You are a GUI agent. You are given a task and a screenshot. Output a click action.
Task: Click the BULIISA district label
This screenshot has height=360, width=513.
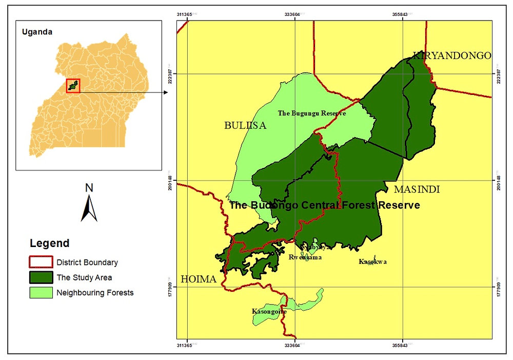pyautogui.click(x=245, y=125)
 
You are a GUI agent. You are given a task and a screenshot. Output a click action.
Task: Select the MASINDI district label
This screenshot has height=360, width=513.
pyautogui.click(x=417, y=190)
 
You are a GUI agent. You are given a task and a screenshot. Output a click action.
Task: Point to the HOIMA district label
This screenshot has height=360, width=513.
pyautogui.click(x=198, y=280)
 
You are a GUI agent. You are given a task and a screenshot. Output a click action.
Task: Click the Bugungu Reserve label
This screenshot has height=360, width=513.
pyautogui.click(x=312, y=113)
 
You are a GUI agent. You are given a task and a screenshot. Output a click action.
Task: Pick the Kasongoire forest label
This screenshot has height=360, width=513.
pyautogui.click(x=269, y=311)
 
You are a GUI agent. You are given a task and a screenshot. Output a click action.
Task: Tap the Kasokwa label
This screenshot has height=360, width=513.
pyautogui.click(x=373, y=261)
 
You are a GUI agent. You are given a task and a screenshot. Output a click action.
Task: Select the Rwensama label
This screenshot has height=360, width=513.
pyautogui.click(x=305, y=257)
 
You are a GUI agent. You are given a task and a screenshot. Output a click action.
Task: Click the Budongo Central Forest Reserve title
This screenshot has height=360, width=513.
pyautogui.click(x=324, y=205)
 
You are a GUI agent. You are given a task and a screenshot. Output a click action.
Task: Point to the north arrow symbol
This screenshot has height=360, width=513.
pyautogui.click(x=89, y=209)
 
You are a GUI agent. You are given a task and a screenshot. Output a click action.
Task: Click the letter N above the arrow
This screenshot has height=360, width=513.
pyautogui.click(x=89, y=188)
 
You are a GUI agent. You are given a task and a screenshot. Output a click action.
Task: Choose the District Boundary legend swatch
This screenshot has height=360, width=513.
pyautogui.click(x=41, y=262)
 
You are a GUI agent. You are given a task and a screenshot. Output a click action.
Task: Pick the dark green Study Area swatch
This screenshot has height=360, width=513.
pyautogui.click(x=41, y=277)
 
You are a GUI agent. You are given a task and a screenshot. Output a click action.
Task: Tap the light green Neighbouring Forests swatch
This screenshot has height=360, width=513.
pyautogui.click(x=41, y=293)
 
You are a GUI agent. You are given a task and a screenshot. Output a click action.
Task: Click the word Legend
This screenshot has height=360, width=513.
pyautogui.click(x=49, y=243)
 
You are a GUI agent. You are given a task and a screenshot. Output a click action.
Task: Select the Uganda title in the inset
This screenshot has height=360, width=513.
pyautogui.click(x=37, y=32)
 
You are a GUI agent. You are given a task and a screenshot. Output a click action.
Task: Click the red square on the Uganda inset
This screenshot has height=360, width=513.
pyautogui.click(x=73, y=86)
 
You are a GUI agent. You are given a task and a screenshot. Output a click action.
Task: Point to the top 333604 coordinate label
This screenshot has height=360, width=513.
pyautogui.click(x=294, y=14)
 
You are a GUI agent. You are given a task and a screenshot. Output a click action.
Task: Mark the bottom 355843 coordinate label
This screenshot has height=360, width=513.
pyautogui.click(x=402, y=346)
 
